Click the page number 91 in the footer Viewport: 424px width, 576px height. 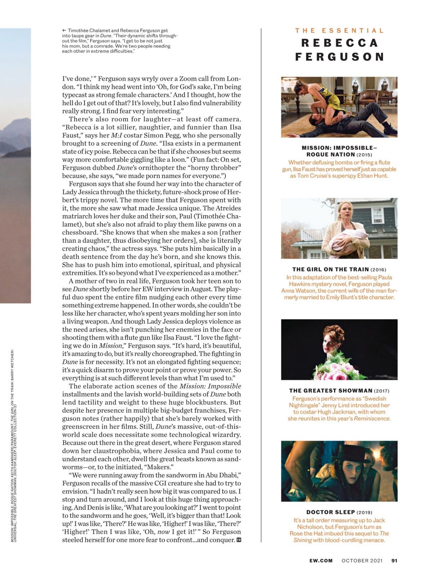point(394,560)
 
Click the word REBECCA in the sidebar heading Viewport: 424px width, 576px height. point(340,43)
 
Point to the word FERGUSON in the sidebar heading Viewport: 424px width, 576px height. point(340,57)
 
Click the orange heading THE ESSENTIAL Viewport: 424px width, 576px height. point(339,31)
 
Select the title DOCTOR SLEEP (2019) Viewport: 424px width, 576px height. point(339,512)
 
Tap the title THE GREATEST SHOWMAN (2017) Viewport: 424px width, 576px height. point(339,390)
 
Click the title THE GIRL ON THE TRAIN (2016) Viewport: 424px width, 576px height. point(339,269)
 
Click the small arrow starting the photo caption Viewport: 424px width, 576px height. point(64,31)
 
